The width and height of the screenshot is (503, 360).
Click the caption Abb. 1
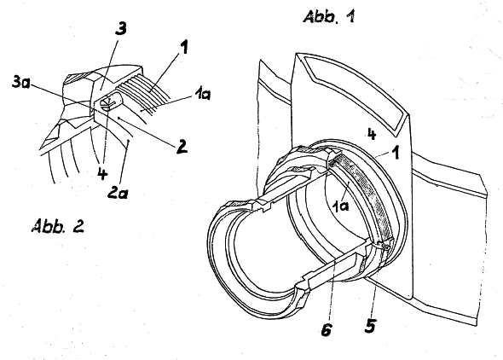(x=329, y=17)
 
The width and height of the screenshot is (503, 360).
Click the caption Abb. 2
(x=58, y=226)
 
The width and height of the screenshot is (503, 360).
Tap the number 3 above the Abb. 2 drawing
(x=120, y=29)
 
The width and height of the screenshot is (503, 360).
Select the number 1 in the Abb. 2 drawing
(x=183, y=48)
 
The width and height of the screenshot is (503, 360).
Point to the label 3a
(x=21, y=82)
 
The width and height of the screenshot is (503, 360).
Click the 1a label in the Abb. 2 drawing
(x=202, y=95)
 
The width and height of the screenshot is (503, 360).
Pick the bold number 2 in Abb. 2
(x=182, y=147)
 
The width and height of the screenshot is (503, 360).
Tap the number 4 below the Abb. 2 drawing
(x=102, y=173)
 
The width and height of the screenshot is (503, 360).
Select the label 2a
(x=118, y=193)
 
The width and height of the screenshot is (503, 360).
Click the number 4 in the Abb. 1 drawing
(x=372, y=135)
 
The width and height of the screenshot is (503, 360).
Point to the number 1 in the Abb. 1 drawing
(x=396, y=153)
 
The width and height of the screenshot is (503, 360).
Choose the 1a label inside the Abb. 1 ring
(x=340, y=206)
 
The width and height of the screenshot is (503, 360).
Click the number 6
(x=326, y=329)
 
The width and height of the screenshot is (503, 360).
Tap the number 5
(x=370, y=326)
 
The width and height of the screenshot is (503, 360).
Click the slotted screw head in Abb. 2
(x=106, y=104)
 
